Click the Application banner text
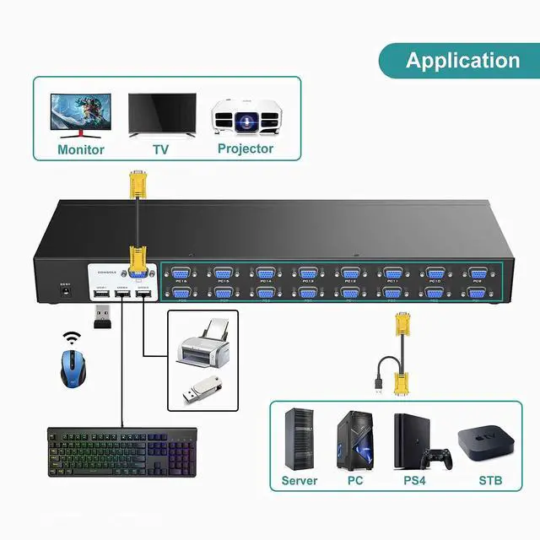point(462,61)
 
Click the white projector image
point(245,116)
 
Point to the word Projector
point(245,148)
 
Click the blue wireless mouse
point(74,368)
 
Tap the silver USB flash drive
point(202,390)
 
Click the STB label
point(489,481)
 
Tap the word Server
point(300,481)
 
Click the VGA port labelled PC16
point(180,273)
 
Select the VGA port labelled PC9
point(477,273)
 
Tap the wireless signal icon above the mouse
point(72,338)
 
